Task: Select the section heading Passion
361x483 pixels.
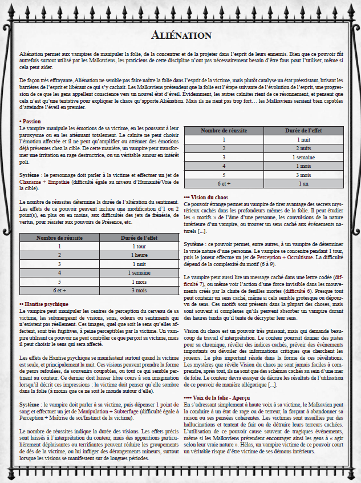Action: pos(31,122)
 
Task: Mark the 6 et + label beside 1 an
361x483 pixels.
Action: pos(224,184)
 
